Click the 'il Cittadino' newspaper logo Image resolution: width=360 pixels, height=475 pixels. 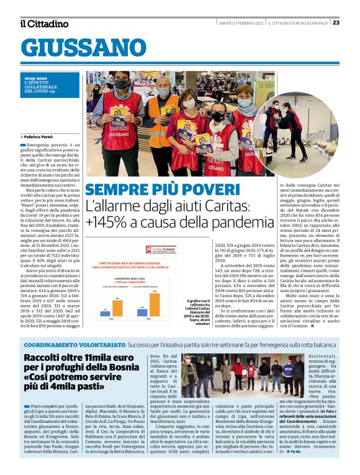(x=43, y=23)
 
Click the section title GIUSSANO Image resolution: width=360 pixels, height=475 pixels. (x=83, y=48)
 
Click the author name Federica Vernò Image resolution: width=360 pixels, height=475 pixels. (x=40, y=136)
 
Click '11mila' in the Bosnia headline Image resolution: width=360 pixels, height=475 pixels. (x=97, y=358)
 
